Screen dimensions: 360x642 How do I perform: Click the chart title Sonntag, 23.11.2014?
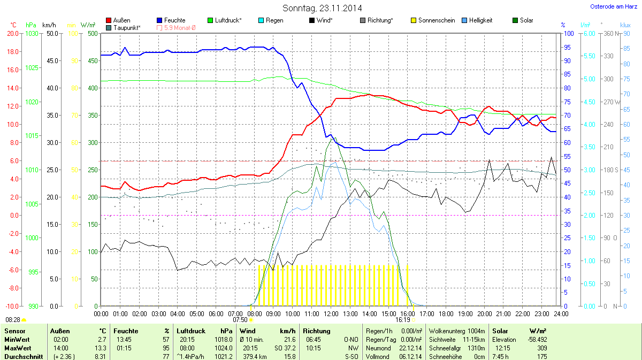pos(322,8)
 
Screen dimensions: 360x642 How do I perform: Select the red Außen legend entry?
pos(121,20)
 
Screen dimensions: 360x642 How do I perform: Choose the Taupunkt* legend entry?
pos(127,27)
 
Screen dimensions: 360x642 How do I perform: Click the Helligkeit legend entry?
pos(480,20)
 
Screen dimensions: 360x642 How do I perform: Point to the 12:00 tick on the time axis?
pos(331,313)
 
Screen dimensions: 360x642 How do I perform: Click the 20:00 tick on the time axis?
pos(484,313)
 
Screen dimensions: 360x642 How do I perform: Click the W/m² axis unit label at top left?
pos(88,25)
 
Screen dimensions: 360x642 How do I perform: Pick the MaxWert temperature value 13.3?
pos(102,348)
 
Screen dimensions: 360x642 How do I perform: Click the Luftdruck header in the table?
pos(191,331)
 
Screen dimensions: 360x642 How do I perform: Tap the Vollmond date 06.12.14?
pos(410,356)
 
